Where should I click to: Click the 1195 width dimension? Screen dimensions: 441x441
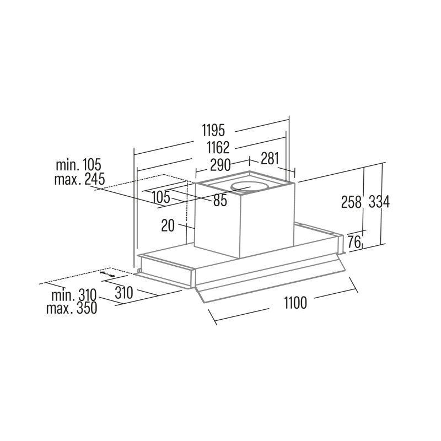click(214, 131)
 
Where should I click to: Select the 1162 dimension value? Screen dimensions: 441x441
click(218, 147)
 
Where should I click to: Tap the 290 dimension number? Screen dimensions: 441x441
click(220, 165)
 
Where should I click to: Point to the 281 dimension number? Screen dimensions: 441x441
click(270, 158)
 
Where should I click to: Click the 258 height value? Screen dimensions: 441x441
click(351, 202)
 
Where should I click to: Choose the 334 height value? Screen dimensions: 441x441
click(379, 202)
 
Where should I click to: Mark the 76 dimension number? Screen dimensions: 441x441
click(354, 242)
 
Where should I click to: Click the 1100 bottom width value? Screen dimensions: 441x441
click(295, 303)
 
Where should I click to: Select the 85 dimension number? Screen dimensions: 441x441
click(220, 201)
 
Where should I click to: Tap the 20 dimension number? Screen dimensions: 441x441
click(168, 225)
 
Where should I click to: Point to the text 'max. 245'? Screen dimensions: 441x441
click(79, 179)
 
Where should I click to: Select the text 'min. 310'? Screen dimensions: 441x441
click(74, 295)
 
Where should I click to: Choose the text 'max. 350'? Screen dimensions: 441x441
click(72, 308)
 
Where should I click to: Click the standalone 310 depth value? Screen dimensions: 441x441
click(123, 293)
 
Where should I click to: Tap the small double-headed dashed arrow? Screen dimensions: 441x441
click(107, 274)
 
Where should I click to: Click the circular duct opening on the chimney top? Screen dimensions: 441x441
click(249, 187)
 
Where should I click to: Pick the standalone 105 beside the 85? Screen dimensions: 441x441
click(161, 197)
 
